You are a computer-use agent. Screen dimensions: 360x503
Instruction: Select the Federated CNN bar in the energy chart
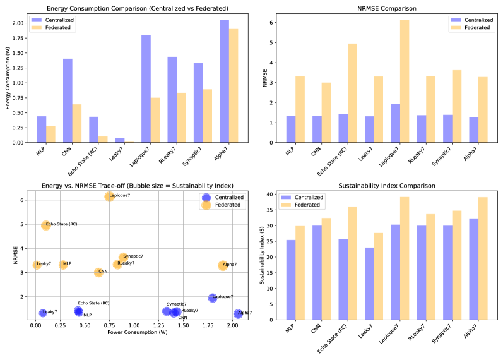(x=76, y=123)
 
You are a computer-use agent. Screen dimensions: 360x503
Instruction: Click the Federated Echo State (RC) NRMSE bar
(x=352, y=93)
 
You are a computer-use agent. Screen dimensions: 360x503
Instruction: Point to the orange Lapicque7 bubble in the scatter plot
(x=110, y=197)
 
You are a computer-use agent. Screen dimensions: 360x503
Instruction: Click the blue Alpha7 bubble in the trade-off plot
(x=238, y=314)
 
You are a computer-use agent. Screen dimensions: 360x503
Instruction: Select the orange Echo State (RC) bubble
(x=46, y=225)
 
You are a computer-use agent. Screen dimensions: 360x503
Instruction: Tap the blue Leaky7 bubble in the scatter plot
(x=43, y=313)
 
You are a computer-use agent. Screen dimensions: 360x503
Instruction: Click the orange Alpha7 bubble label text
(x=230, y=265)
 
